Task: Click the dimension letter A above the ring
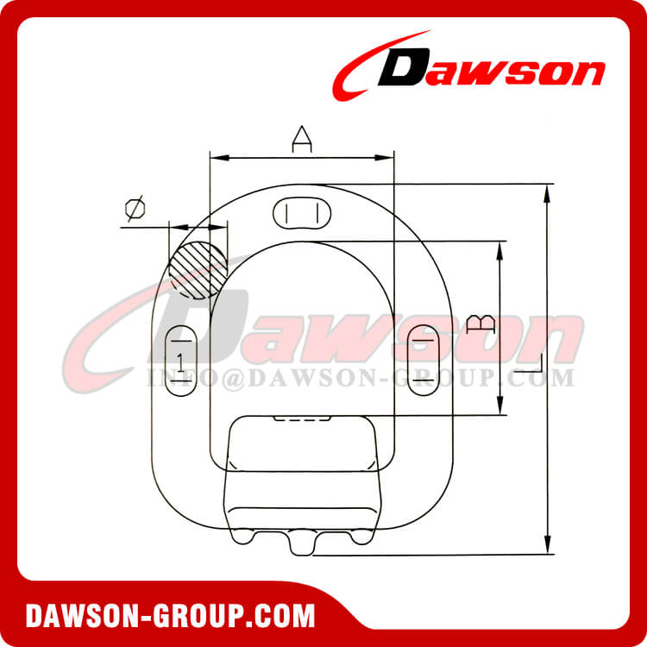[x=301, y=139]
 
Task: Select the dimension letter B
[x=481, y=324]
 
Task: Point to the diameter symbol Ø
[x=135, y=209]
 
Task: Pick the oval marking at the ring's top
[x=302, y=212]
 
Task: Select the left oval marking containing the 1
[x=179, y=360]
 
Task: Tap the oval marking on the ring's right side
[x=424, y=360]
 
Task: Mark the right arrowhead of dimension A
[x=388, y=158]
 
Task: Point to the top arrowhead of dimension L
[x=546, y=192]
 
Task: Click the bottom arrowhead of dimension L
[x=546, y=547]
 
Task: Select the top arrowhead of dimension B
[x=499, y=249]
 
